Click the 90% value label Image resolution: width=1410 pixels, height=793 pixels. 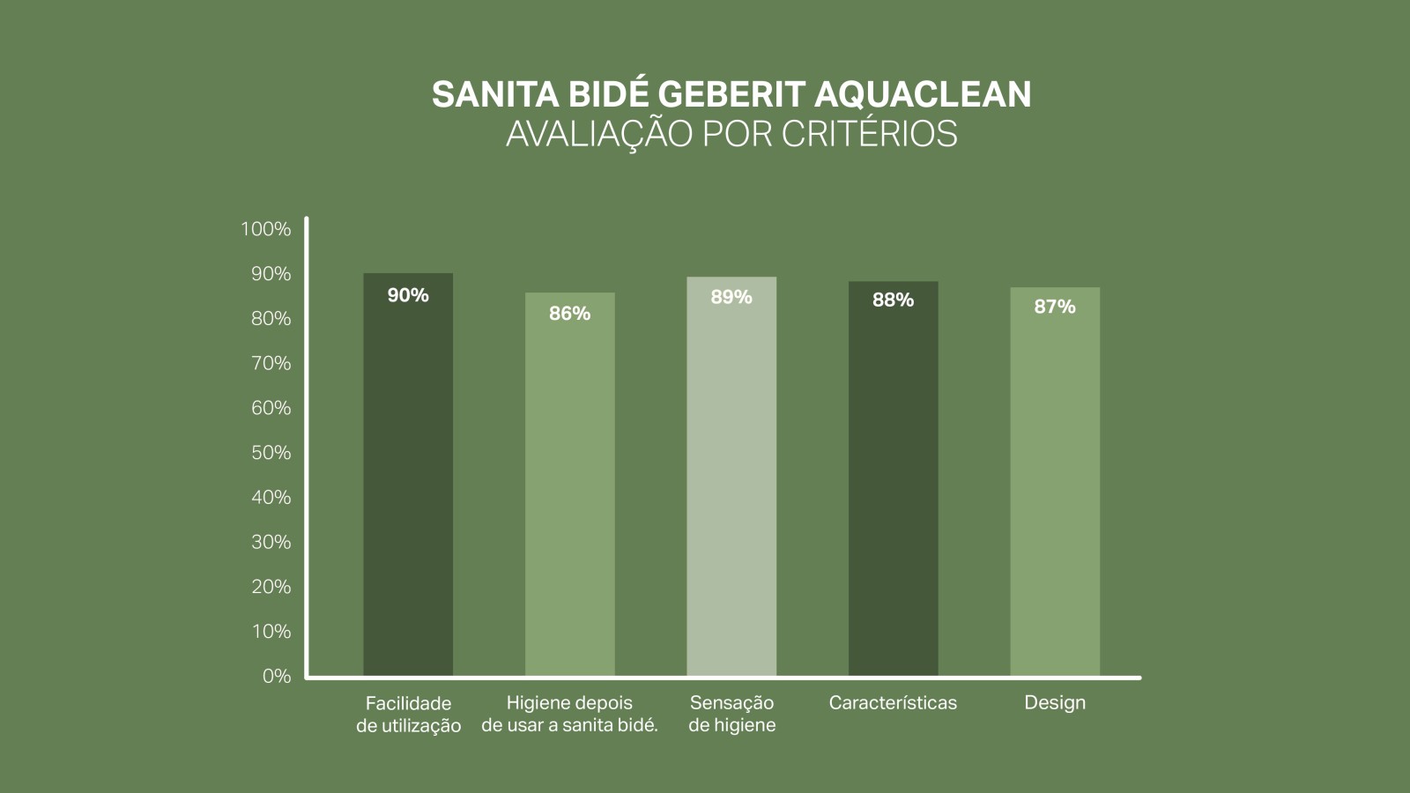point(408,295)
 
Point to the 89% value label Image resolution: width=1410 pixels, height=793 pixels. point(731,297)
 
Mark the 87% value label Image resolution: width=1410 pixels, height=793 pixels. point(1055,307)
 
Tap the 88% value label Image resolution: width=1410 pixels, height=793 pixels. point(893,300)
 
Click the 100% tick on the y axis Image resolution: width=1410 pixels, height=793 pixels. point(265,229)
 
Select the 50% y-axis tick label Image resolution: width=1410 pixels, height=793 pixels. point(271,453)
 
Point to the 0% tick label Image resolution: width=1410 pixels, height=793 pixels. point(276,676)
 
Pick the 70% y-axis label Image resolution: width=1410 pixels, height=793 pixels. point(271,363)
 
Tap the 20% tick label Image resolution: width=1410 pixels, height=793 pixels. point(271,587)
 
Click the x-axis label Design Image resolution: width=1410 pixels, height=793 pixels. point(1055,703)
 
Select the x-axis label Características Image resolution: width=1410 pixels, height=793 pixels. point(893,703)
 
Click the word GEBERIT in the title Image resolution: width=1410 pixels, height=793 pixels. point(731,94)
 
